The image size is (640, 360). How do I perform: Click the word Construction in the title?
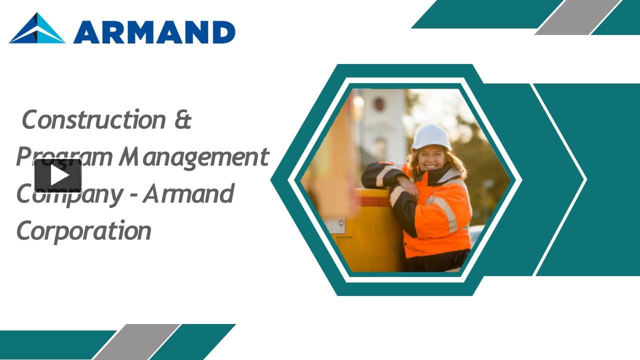tap(93, 119)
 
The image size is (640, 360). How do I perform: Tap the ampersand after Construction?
tap(183, 120)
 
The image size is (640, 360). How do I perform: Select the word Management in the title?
tap(194, 157)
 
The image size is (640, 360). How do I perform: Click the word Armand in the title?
tap(188, 194)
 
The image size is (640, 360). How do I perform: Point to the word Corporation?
tap(83, 231)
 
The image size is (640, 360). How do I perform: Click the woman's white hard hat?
tap(430, 136)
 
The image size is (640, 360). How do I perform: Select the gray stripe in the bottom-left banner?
tap(136, 341)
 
